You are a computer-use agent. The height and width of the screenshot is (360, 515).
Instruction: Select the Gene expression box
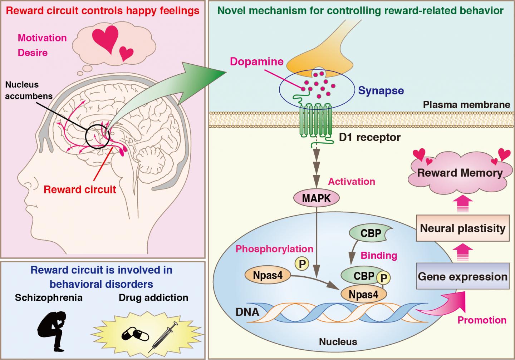coord(463,276)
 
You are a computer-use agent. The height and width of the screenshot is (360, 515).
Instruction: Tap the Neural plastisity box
coord(463,228)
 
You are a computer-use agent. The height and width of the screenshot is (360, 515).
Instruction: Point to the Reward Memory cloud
coord(460,173)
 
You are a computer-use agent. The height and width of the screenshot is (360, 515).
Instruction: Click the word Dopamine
coord(256,61)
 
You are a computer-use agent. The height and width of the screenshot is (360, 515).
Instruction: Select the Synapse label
coord(381,90)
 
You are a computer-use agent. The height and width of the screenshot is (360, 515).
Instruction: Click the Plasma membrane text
coord(466,104)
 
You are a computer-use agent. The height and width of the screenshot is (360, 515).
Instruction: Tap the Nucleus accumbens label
coord(29,90)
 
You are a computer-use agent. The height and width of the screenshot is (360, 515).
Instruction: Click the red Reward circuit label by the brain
coord(80,189)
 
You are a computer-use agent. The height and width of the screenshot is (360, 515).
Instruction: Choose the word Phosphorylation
coord(274,248)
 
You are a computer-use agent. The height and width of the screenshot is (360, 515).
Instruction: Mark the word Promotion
coord(482,320)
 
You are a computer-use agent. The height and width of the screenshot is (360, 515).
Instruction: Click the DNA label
coord(247,311)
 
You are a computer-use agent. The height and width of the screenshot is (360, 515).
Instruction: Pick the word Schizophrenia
coord(49,297)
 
